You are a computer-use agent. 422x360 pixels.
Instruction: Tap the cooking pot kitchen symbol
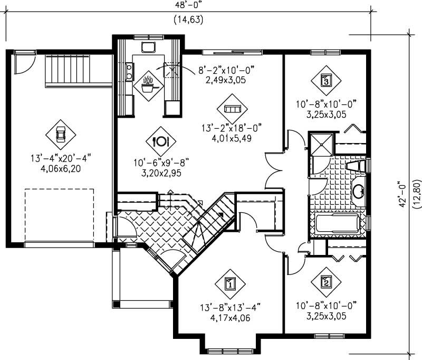click(x=149, y=84)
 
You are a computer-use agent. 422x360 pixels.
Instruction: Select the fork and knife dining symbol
click(x=160, y=141)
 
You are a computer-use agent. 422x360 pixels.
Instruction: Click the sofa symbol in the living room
click(x=232, y=108)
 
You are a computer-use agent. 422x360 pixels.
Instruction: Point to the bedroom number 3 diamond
click(x=326, y=81)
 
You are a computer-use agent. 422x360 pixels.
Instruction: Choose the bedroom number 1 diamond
click(x=230, y=284)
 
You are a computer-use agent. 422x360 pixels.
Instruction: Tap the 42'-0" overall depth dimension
click(x=403, y=194)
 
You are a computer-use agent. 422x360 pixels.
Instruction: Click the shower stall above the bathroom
click(x=320, y=144)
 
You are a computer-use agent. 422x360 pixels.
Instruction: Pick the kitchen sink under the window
click(x=148, y=47)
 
